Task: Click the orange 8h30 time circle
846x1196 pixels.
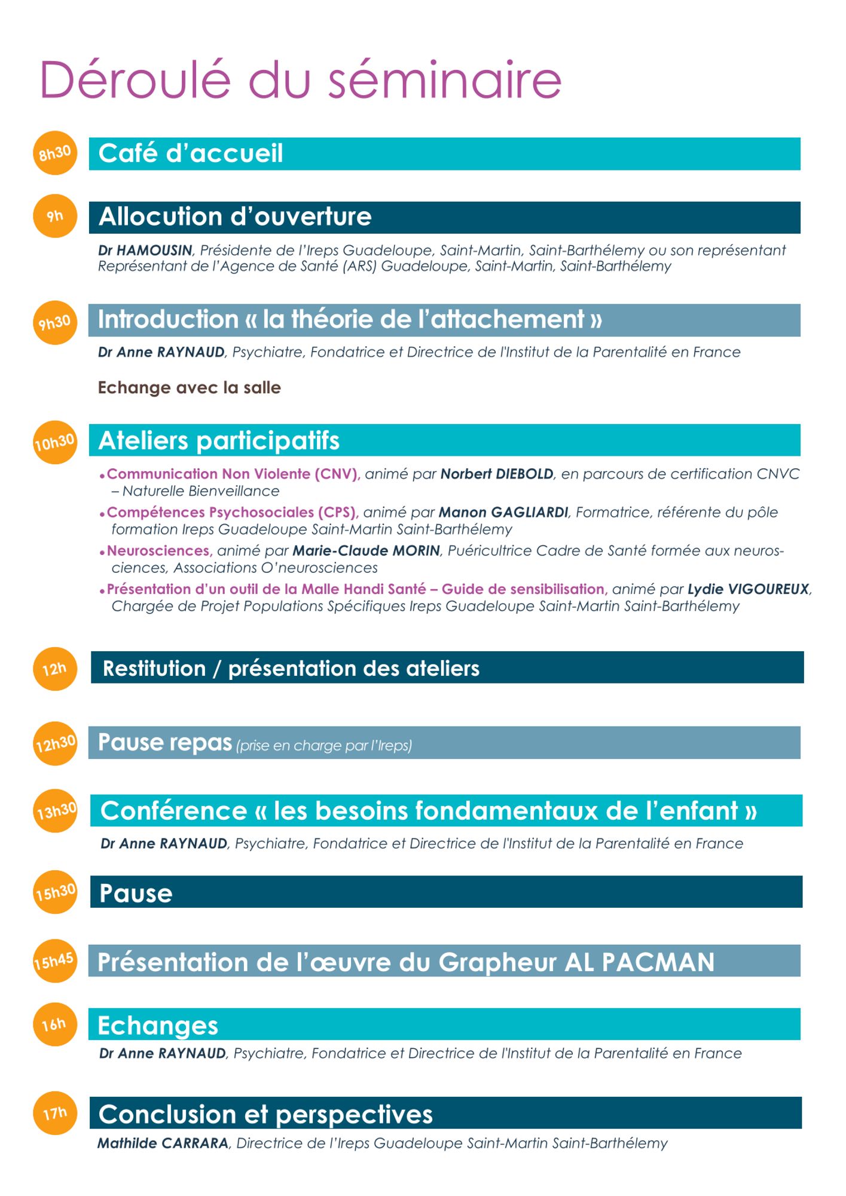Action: click(x=55, y=153)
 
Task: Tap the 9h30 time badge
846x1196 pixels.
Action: click(x=55, y=323)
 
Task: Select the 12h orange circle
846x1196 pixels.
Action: click(x=55, y=669)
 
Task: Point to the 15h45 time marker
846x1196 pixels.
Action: click(x=55, y=962)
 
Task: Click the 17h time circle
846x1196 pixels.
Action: click(x=55, y=1113)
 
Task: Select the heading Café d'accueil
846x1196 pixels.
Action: click(x=191, y=154)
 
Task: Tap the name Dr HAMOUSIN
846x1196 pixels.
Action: click(x=145, y=251)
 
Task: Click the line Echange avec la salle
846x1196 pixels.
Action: click(x=189, y=388)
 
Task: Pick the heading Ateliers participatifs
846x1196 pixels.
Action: click(x=219, y=441)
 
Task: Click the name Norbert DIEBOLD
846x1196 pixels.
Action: click(x=497, y=474)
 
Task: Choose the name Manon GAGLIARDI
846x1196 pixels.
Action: click(x=503, y=512)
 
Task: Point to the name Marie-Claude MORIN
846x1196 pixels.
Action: click(x=366, y=551)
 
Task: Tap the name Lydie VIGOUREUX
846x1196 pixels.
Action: click(x=749, y=589)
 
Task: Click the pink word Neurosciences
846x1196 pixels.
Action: click(x=158, y=551)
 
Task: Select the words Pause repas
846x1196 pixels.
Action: click(x=165, y=743)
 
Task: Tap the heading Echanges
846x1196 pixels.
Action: click(x=158, y=1026)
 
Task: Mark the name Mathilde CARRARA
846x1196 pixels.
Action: click(x=163, y=1143)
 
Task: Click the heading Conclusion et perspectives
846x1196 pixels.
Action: click(x=265, y=1115)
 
